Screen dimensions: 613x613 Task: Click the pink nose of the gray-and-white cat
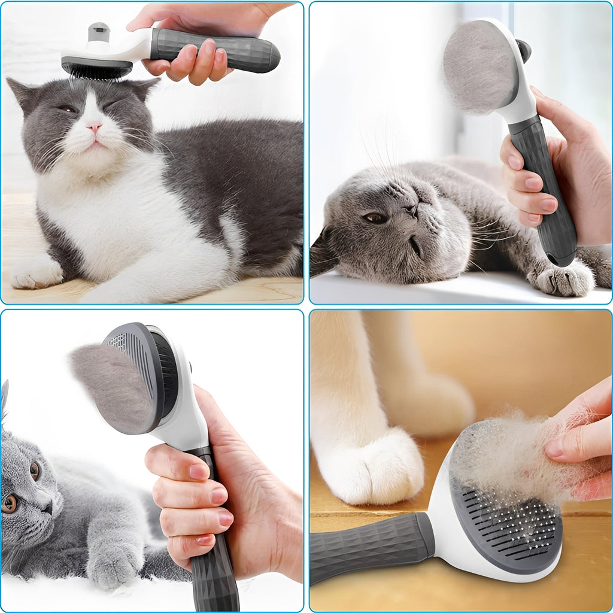[93, 127]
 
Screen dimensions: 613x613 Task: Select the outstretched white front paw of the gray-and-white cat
[36, 272]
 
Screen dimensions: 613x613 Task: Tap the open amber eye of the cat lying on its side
[376, 218]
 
